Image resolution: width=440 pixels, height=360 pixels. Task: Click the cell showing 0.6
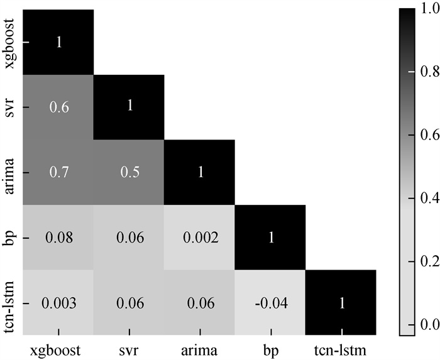(x=58, y=107)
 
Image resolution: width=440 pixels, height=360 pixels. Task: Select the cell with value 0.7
(x=58, y=172)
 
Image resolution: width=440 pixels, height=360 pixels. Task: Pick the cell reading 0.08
(x=58, y=237)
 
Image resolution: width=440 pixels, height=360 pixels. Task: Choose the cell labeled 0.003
(x=58, y=303)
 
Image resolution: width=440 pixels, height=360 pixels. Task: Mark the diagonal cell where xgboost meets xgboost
(x=58, y=42)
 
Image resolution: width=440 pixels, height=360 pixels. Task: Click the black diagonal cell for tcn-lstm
(x=341, y=303)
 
